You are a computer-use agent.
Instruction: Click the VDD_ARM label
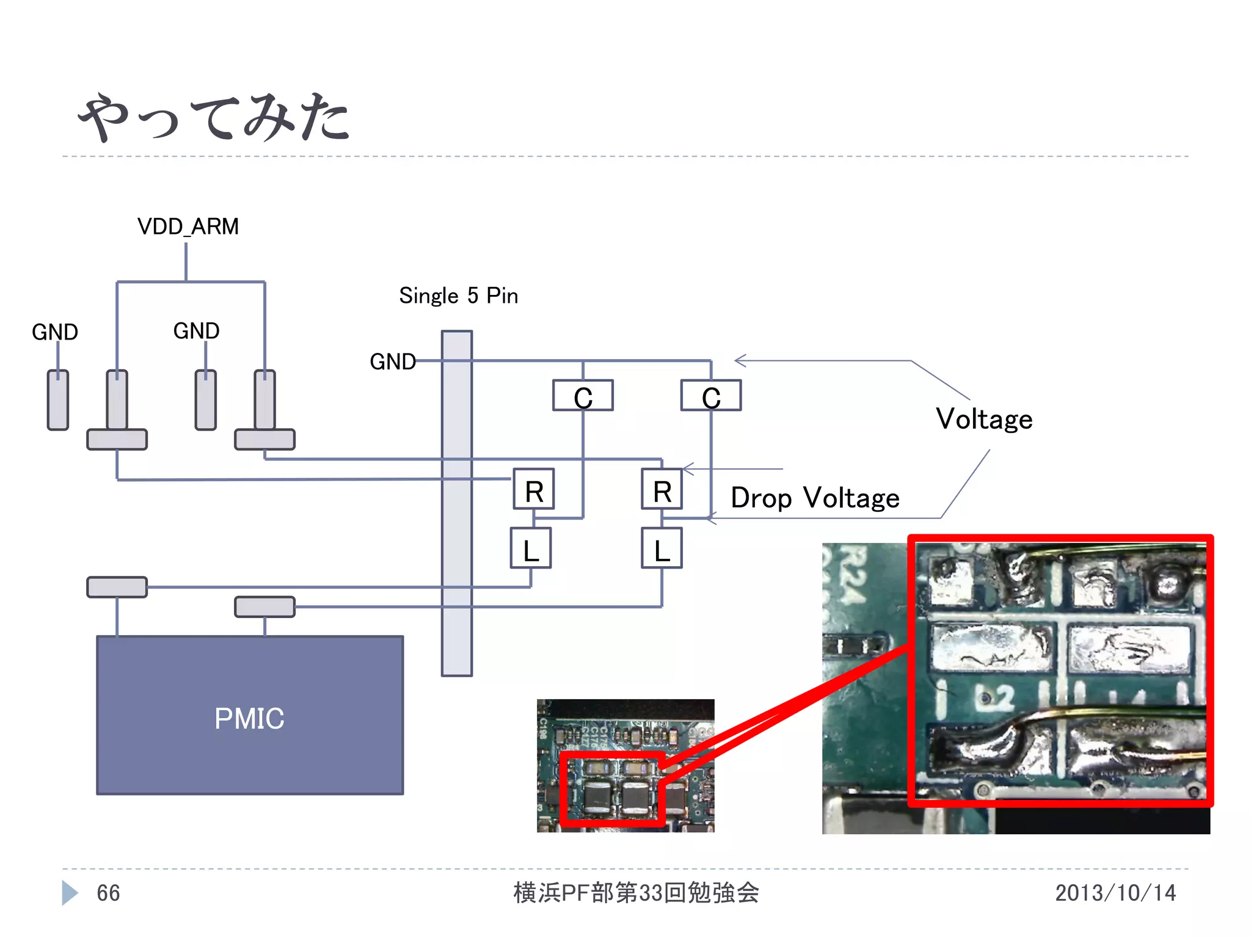(x=188, y=227)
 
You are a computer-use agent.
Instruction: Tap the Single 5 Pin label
(x=458, y=296)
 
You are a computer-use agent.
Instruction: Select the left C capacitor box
(x=583, y=396)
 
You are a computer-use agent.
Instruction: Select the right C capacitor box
(x=711, y=396)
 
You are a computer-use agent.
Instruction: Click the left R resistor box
(x=534, y=489)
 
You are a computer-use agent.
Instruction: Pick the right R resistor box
(x=662, y=489)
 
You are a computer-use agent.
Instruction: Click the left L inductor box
(x=531, y=548)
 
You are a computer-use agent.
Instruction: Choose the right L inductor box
(x=662, y=548)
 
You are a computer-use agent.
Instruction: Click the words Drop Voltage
(x=815, y=498)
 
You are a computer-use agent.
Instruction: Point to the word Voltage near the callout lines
(x=984, y=419)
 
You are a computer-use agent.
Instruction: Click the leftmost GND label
(x=55, y=332)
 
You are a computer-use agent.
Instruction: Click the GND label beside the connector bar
(x=393, y=362)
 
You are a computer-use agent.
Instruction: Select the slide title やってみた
(x=214, y=117)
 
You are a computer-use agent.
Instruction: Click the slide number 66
(x=108, y=893)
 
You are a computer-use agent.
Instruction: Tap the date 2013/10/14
(x=1115, y=893)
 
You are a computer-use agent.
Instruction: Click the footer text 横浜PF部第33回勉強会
(x=636, y=893)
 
